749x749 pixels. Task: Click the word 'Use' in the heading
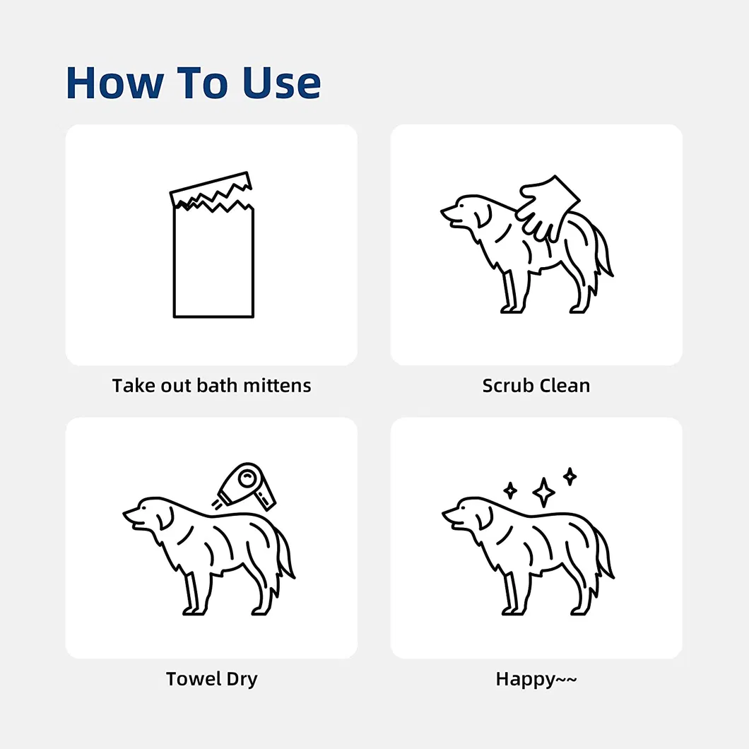[x=282, y=83]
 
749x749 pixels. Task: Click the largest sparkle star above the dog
[x=543, y=492]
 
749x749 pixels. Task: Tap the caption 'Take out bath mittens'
[x=211, y=386]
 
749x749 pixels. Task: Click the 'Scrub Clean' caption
[x=536, y=386]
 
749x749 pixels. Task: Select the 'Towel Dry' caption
[x=211, y=679]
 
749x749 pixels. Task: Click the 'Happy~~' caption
[x=536, y=679]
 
